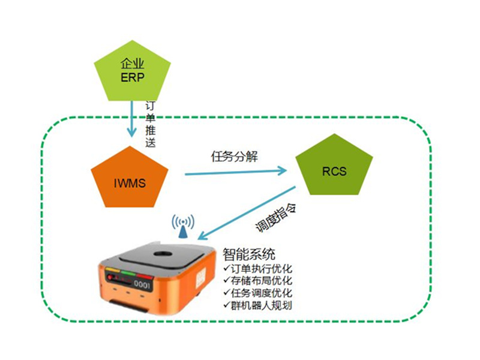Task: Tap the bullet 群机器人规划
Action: click(257, 305)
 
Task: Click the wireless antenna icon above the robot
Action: click(183, 227)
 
